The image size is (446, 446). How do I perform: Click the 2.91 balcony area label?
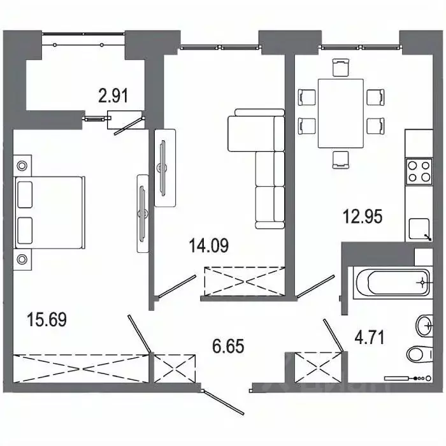(x=113, y=97)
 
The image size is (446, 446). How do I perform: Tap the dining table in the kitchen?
(x=340, y=112)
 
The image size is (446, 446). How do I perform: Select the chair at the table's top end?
(x=341, y=66)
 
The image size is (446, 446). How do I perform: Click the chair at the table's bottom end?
(x=341, y=159)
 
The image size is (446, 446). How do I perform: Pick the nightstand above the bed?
(x=23, y=165)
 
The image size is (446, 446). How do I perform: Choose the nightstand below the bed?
(x=23, y=259)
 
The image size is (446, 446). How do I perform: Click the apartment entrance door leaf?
(x=222, y=400)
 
